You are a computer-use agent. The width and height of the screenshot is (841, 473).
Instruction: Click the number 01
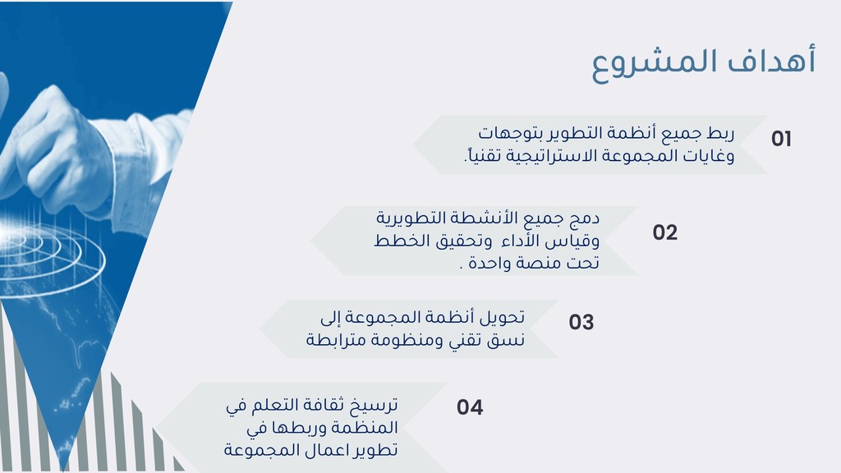(781, 139)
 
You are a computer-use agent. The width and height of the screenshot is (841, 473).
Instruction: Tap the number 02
(665, 232)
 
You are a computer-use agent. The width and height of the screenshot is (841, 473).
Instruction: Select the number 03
(581, 322)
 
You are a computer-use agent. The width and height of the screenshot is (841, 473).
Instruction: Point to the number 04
(470, 407)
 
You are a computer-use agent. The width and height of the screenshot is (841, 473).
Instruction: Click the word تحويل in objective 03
(501, 318)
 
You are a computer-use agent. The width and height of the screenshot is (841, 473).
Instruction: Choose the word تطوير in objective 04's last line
(375, 449)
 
